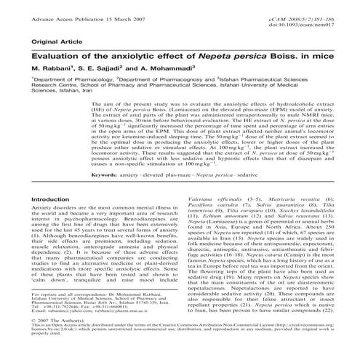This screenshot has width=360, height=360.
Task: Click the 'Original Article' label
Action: click(x=52, y=41)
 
